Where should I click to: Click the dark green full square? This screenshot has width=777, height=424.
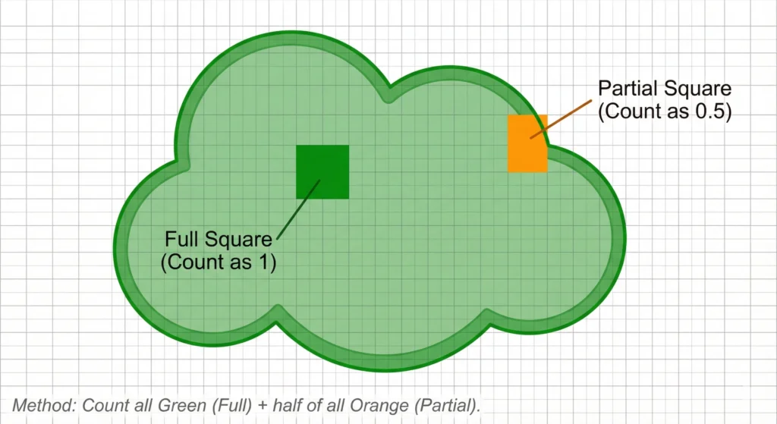click(x=322, y=171)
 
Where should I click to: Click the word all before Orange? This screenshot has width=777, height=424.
click(x=335, y=406)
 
